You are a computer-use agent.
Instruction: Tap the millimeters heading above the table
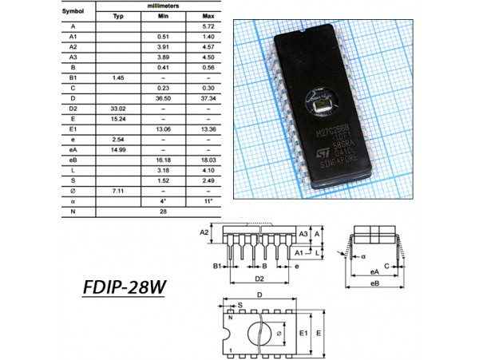pyautogui.click(x=163, y=6)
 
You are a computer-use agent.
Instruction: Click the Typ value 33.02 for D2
pyautogui.click(x=118, y=106)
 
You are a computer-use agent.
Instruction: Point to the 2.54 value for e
pyautogui.click(x=118, y=138)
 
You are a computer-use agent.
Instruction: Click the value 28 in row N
pyautogui.click(x=163, y=211)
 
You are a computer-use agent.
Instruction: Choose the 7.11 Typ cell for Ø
pyautogui.click(x=118, y=191)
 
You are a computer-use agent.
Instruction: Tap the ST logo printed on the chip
pyautogui.click(x=316, y=150)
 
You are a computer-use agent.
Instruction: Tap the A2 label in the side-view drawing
pyautogui.click(x=204, y=232)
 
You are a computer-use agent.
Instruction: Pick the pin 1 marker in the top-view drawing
pyautogui.click(x=232, y=350)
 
